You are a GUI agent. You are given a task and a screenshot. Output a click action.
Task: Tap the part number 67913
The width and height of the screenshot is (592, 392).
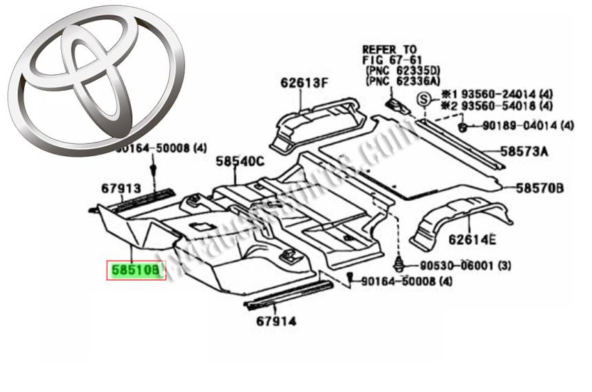coord(120,188)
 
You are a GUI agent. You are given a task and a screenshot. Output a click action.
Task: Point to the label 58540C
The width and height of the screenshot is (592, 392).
coord(240,162)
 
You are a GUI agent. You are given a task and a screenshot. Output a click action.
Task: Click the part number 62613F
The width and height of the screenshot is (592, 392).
coord(304,84)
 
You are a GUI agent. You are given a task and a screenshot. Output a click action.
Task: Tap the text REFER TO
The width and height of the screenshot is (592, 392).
coord(390,50)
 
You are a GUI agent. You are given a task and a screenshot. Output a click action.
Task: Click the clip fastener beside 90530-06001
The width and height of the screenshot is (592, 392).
coord(399,263)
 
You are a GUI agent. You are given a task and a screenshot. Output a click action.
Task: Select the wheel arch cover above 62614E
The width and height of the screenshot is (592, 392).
coord(461,217)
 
